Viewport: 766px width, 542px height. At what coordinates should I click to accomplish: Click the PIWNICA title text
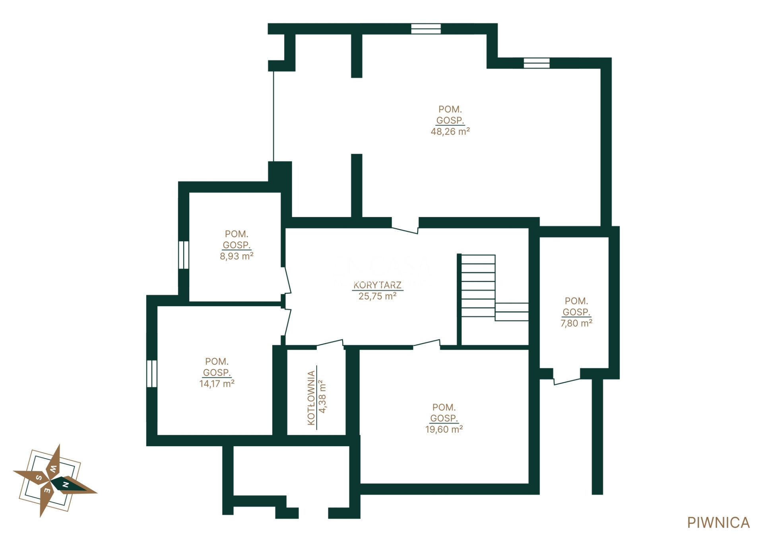718,523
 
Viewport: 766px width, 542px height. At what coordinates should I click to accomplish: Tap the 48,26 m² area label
450,132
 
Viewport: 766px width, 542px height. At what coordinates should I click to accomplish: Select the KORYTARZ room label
378,285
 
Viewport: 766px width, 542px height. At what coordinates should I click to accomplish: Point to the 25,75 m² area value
378,296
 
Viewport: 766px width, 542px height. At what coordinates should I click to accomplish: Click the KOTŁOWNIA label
312,398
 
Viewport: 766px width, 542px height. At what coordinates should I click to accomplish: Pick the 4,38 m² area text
322,397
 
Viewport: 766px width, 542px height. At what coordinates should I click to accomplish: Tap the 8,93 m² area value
237,256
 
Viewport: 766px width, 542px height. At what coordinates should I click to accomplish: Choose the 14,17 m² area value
217,384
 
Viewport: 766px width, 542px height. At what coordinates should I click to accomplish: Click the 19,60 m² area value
444,430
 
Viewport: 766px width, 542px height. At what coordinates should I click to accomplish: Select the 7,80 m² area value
576,323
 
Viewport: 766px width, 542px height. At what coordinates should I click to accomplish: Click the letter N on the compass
66,485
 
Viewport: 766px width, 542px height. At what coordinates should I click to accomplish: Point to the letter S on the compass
39,478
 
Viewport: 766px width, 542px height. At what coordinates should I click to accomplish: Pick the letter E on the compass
47,491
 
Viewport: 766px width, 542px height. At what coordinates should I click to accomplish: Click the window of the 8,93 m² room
183,255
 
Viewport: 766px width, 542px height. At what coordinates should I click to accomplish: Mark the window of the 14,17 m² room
152,374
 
